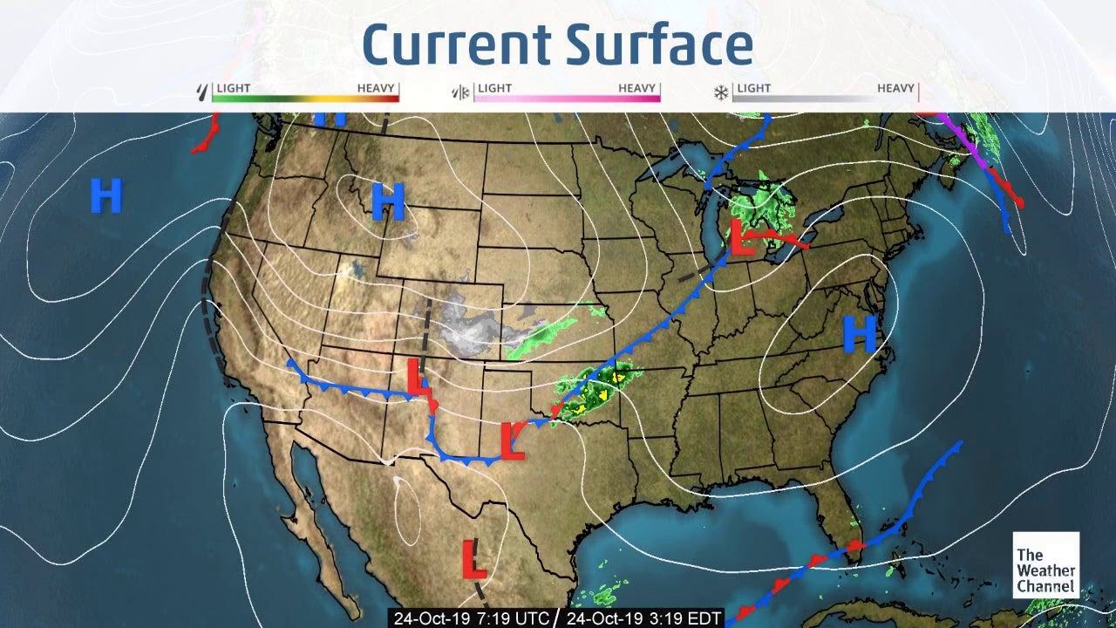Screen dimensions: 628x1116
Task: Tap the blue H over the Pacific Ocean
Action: click(x=105, y=195)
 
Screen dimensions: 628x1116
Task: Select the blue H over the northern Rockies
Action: click(x=388, y=201)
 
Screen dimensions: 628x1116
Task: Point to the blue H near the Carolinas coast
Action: click(x=859, y=334)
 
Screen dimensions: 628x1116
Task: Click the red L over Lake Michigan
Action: click(x=742, y=238)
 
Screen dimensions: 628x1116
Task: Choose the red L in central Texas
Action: click(x=513, y=441)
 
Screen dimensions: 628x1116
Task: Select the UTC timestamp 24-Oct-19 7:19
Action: click(x=471, y=618)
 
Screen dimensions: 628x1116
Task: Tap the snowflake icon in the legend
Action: click(x=721, y=92)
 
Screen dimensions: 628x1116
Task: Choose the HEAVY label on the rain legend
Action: click(x=376, y=88)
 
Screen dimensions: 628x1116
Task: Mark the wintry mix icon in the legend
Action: click(x=459, y=92)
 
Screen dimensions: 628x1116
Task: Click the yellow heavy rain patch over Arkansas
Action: click(x=617, y=377)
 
